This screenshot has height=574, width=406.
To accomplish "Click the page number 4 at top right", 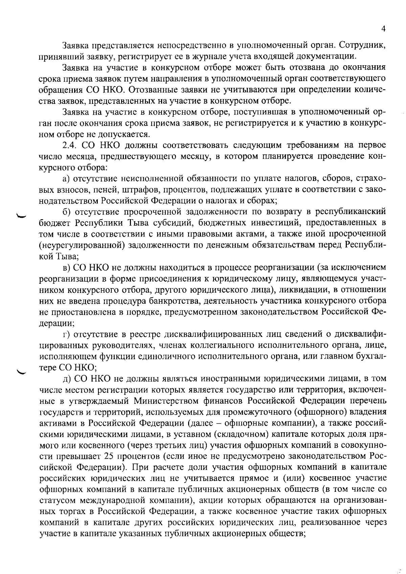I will (x=383, y=29).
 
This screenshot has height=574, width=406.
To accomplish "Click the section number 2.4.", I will (x=70, y=145).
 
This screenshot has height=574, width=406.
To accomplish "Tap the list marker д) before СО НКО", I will (x=67, y=379).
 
